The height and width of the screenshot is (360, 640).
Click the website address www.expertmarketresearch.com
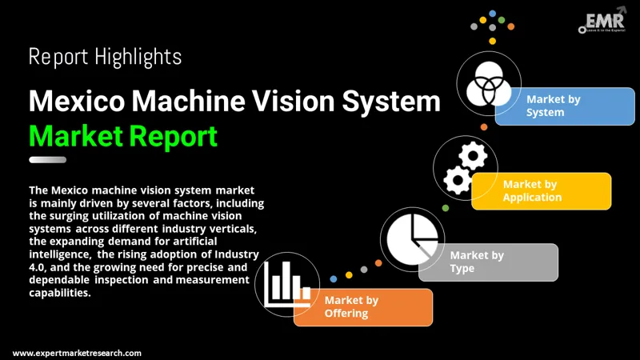pyautogui.click(x=78, y=353)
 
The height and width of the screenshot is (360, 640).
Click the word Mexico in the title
pyautogui.click(x=74, y=102)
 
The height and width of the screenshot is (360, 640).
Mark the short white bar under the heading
pyautogui.click(x=47, y=160)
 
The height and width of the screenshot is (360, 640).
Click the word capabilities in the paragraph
pyautogui.click(x=59, y=293)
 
